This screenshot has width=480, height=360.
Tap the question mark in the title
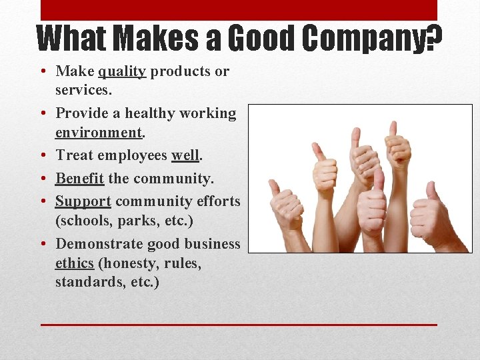[435, 39]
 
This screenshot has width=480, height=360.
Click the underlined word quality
[122, 71]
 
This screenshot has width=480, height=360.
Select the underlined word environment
[99, 132]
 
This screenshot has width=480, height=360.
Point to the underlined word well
[185, 155]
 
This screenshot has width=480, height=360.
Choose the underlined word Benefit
[79, 179]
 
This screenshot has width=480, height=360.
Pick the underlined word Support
[83, 201]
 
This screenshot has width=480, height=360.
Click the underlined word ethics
[75, 263]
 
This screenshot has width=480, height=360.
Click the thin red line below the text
[239, 325]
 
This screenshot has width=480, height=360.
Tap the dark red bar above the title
[239, 10]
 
